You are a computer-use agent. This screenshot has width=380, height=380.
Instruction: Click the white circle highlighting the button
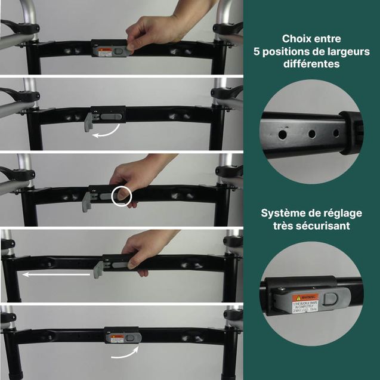pos(122,196)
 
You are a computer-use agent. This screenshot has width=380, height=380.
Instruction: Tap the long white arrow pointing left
pos(57,275)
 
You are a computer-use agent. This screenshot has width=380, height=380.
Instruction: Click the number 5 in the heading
pos(258,52)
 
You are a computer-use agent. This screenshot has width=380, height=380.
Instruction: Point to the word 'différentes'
pos(311,64)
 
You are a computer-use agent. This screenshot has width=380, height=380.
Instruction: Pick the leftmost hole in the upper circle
pos(282,135)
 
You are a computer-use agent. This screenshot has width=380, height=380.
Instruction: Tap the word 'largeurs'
pos(349,52)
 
